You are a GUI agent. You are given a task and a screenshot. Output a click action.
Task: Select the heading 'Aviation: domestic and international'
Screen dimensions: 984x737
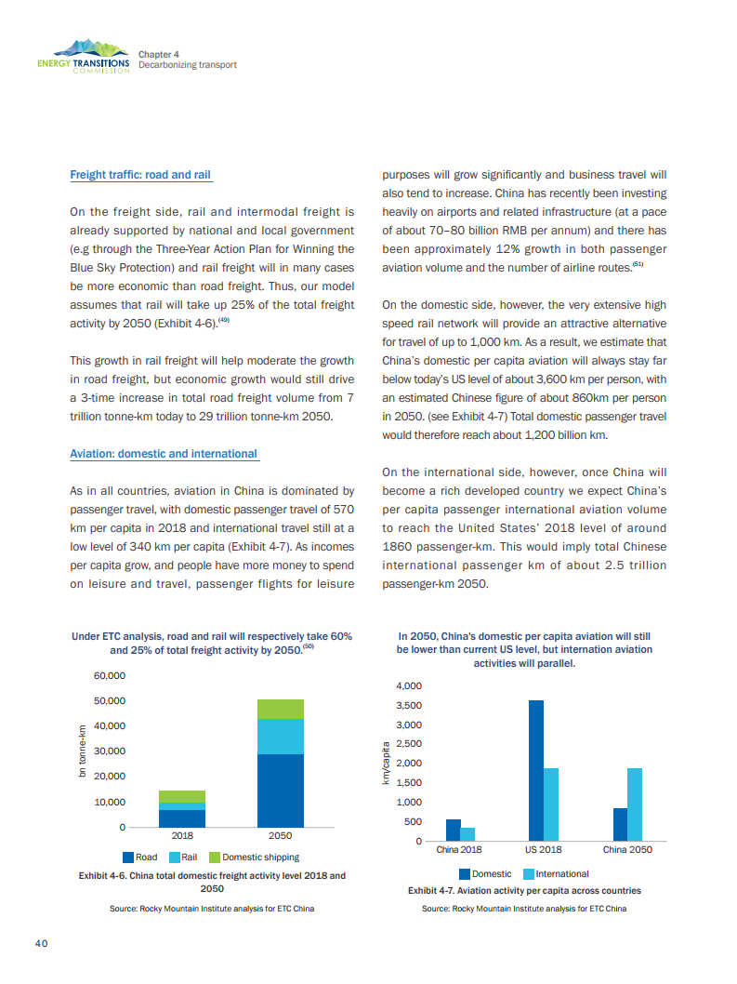(164, 454)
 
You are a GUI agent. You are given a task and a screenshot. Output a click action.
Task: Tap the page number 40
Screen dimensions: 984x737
(42, 943)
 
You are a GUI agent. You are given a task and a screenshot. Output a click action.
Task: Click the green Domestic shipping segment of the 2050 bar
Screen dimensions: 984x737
(280, 709)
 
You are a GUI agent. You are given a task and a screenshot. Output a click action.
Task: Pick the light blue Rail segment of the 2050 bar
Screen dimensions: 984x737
(280, 737)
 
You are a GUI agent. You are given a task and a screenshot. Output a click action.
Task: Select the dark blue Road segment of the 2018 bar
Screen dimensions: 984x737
(182, 818)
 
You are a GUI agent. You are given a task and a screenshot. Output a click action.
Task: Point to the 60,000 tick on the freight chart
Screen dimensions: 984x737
(110, 675)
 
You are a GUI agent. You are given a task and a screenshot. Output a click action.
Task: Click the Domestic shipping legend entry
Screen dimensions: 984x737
(254, 857)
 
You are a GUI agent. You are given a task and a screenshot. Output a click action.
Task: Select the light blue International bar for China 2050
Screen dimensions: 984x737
(635, 804)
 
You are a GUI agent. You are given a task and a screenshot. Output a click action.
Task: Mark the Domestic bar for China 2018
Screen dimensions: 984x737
(454, 830)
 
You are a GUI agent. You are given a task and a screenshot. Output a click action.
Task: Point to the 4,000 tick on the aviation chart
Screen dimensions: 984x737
(409, 685)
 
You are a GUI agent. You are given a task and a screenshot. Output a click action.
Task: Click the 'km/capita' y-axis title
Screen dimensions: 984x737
(386, 763)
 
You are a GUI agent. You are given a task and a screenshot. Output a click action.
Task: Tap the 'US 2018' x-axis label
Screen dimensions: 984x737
(543, 850)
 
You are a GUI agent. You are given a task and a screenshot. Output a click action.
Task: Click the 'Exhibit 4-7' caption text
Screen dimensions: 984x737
(524, 890)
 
